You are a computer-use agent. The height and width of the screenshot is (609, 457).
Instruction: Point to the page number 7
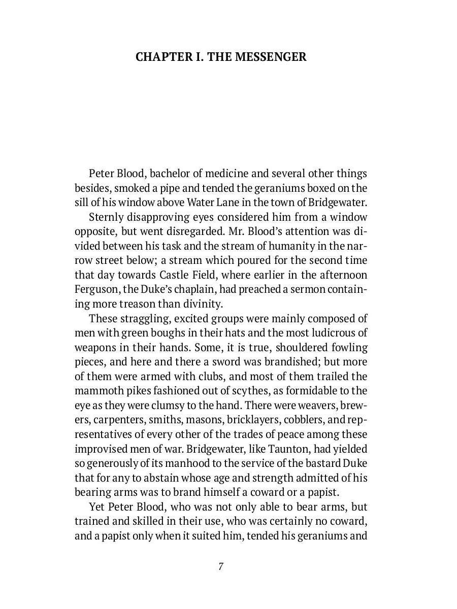tap(221, 566)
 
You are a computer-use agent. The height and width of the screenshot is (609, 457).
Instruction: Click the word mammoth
tap(94, 391)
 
